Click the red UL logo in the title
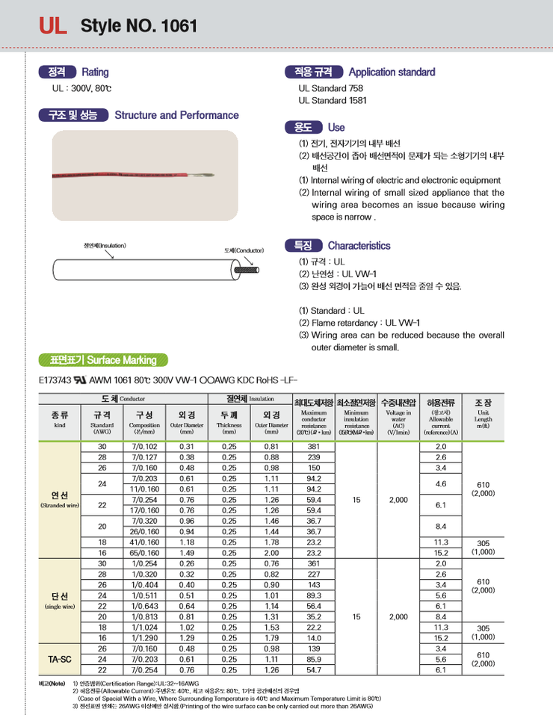[54, 26]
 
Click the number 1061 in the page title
[176, 26]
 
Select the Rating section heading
[95, 72]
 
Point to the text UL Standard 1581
[333, 99]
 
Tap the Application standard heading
[392, 72]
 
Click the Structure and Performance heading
[176, 115]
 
